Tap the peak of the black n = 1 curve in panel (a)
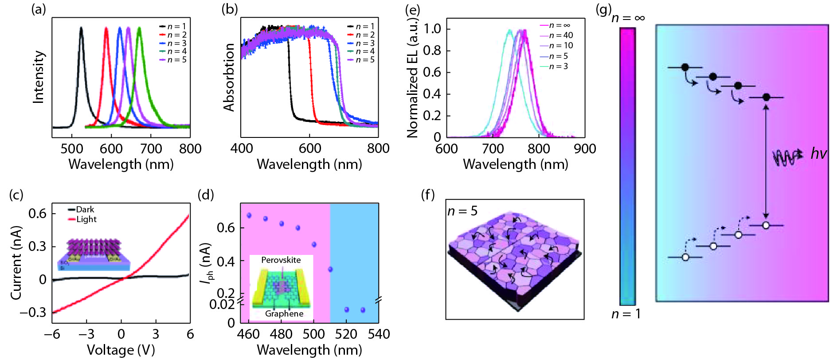[x=81, y=28]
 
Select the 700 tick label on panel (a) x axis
[x=151, y=149]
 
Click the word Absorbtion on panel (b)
[x=229, y=77]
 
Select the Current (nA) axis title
[x=16, y=262]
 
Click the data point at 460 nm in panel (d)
[x=249, y=215]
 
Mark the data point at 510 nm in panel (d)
[x=330, y=269]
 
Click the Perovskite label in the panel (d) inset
[x=281, y=260]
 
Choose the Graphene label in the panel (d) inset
[x=284, y=313]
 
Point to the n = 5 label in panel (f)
[x=462, y=211]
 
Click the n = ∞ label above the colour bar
[x=628, y=18]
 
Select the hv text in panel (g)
[x=818, y=153]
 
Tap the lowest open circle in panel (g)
[x=685, y=257]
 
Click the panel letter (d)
[x=206, y=195]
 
